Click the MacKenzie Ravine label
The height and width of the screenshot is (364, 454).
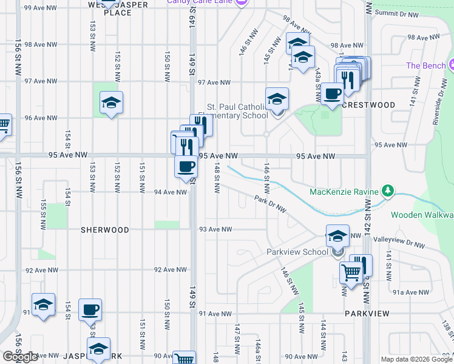(x=344, y=192)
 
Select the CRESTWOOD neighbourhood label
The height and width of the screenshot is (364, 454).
(x=368, y=105)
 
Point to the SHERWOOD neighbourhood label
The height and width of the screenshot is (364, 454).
(x=106, y=230)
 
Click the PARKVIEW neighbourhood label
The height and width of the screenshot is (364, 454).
(x=367, y=313)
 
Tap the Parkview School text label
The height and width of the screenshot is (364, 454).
(x=297, y=252)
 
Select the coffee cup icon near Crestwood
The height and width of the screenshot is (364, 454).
(x=333, y=94)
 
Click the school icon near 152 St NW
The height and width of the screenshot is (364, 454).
(x=112, y=103)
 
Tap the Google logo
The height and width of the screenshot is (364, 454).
(x=20, y=357)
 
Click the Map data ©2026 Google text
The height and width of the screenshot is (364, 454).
(x=416, y=359)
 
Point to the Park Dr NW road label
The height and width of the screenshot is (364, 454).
(x=271, y=204)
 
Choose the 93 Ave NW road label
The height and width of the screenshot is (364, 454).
(x=215, y=229)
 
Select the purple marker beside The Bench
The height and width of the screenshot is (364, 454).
(x=452, y=65)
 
